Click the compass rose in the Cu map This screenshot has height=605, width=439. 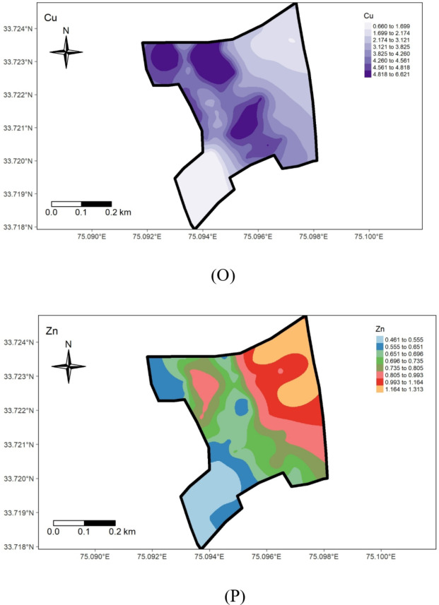pyautogui.click(x=66, y=52)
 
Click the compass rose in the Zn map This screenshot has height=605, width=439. pyautogui.click(x=69, y=366)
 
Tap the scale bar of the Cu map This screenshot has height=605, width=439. pyautogui.click(x=81, y=204)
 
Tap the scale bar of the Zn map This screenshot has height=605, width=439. pyautogui.click(x=83, y=523)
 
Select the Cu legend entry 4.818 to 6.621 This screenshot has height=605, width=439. pyautogui.click(x=386, y=73)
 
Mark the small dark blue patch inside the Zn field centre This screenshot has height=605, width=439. pyautogui.click(x=242, y=407)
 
